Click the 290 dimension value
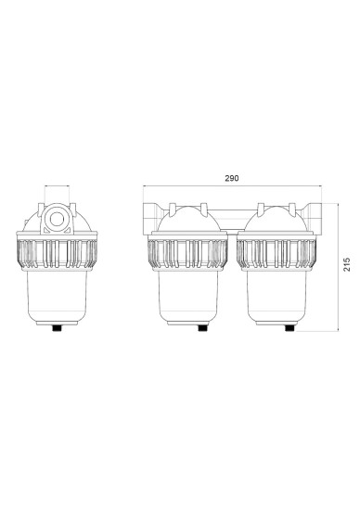tap(232, 178)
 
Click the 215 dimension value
tap(347, 264)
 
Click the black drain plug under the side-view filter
tap(58, 328)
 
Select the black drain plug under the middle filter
tap(202, 328)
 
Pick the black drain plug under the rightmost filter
tap(289, 328)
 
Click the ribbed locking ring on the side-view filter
tap(57, 254)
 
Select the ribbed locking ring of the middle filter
tap(187, 254)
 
